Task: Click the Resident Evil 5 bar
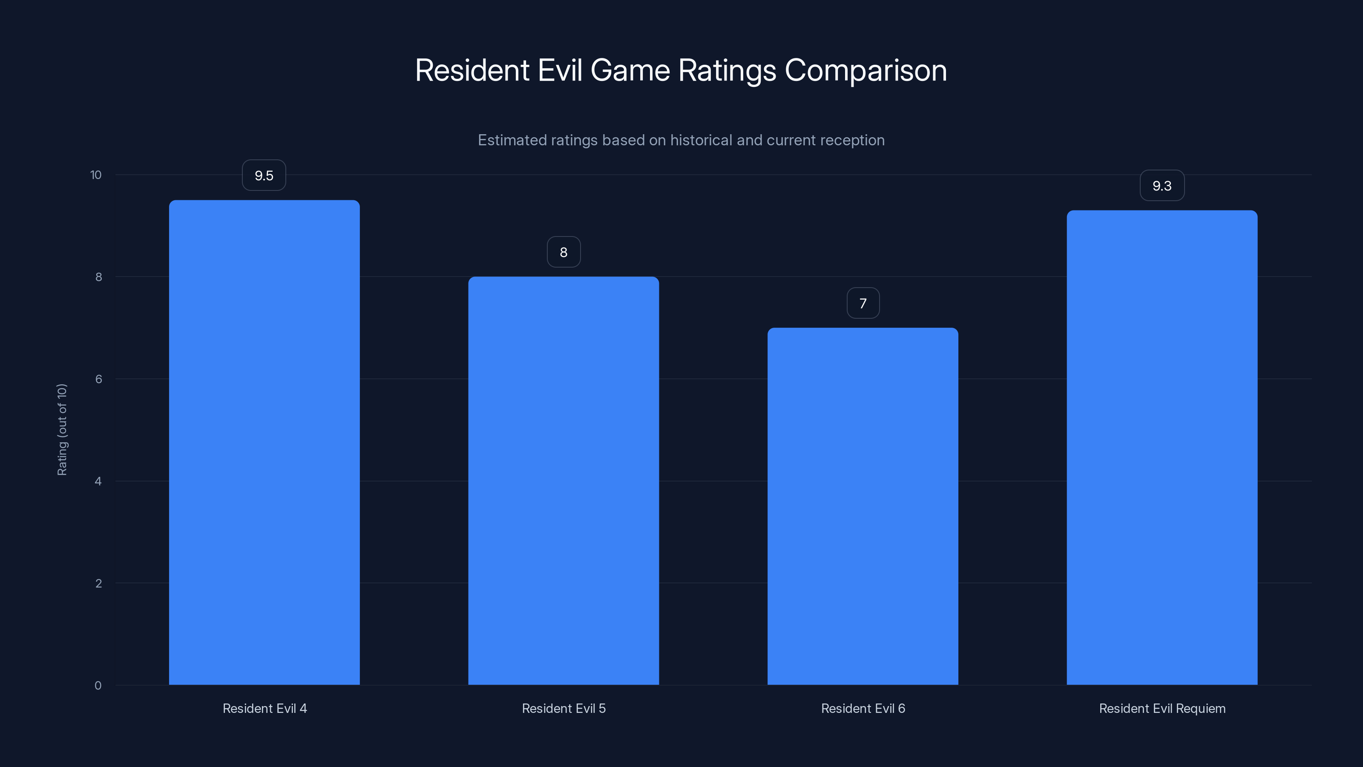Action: (564, 480)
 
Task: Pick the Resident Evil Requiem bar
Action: (1162, 447)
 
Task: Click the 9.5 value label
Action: (264, 175)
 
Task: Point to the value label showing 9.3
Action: (1162, 186)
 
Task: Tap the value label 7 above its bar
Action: (863, 303)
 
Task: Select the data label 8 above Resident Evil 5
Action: (564, 252)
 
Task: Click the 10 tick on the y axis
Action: (96, 175)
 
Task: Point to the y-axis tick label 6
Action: (98, 379)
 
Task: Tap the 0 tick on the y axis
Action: (98, 686)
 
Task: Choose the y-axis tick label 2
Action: (98, 583)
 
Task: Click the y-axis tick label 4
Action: (98, 481)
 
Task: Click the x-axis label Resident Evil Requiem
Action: (1162, 708)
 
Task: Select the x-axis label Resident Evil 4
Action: (265, 708)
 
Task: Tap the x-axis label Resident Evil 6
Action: (863, 708)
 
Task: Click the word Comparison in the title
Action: (866, 70)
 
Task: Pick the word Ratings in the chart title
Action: (727, 70)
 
